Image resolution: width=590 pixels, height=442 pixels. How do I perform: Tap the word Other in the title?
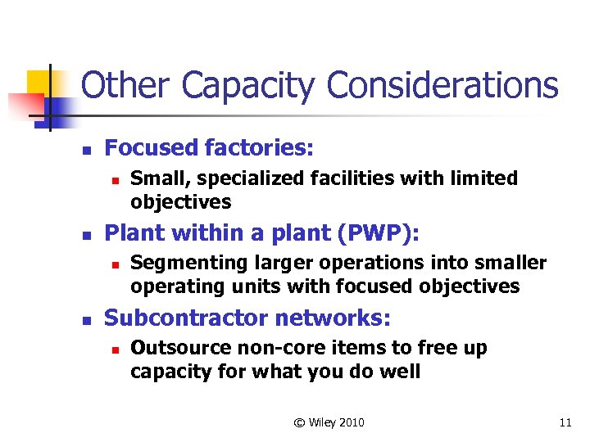(127, 85)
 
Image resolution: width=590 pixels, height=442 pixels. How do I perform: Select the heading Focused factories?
(210, 148)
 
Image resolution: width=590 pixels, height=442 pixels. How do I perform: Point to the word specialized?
(236, 178)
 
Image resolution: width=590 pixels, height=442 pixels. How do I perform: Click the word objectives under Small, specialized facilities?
(181, 202)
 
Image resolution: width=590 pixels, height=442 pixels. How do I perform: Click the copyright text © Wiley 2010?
(329, 422)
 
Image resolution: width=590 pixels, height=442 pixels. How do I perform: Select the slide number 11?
(565, 422)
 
